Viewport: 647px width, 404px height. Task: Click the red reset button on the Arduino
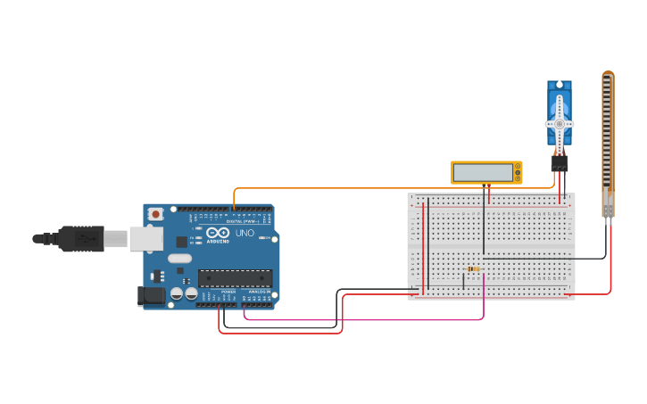[156, 214]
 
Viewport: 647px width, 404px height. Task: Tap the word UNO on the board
[245, 233]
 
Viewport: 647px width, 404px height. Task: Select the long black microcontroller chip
[235, 278]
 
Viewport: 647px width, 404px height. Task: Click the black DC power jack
[151, 296]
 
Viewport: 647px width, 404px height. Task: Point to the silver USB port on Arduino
[145, 238]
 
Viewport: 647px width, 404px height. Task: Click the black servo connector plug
[560, 163]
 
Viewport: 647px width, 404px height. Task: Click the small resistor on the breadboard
[472, 268]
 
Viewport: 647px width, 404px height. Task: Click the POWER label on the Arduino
[228, 292]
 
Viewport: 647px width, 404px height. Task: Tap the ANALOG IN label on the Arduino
[259, 292]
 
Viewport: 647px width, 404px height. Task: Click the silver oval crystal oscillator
[179, 260]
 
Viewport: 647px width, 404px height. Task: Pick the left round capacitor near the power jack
[177, 293]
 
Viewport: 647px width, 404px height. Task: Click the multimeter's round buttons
[517, 171]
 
